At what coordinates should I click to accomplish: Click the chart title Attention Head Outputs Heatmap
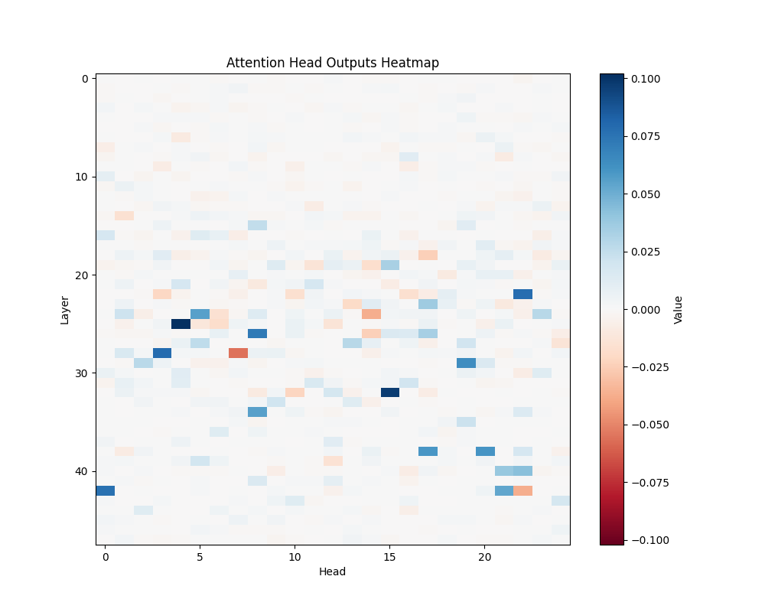333,63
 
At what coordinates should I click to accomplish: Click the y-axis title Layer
65,309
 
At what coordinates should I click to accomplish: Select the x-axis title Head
333,571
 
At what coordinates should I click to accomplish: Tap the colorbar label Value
678,309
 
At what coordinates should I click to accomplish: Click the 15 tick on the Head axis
390,558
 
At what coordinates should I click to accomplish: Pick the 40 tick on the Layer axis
80,471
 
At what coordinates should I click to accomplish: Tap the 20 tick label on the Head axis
485,558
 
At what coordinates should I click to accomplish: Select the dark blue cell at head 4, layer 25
181,324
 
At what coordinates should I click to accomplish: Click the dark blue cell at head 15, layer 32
390,392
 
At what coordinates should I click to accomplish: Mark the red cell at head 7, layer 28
238,353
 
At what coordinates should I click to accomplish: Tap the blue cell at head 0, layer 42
106,490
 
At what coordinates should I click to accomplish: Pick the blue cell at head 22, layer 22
522,294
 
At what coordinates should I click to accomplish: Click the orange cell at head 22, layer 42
522,490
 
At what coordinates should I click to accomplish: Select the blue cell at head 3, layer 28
162,353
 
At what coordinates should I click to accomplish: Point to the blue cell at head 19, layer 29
466,363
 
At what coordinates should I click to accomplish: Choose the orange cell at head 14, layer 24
371,314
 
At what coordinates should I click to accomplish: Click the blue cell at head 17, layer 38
428,451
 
